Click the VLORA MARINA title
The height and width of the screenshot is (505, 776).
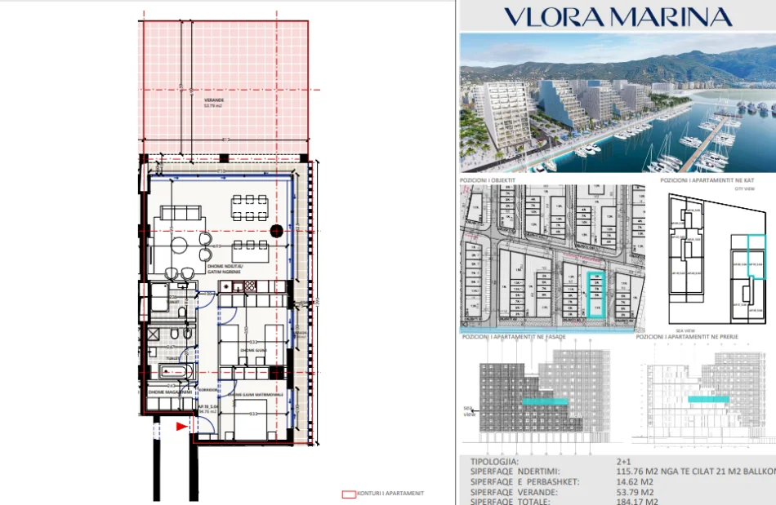click(x=617, y=16)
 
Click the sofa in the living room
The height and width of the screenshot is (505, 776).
click(x=181, y=214)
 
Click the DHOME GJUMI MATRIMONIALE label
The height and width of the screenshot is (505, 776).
click(x=256, y=395)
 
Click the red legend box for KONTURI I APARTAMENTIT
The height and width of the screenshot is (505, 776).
click(x=349, y=494)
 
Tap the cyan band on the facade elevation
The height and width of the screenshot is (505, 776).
click(x=546, y=401)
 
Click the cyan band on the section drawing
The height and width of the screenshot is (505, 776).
click(x=708, y=400)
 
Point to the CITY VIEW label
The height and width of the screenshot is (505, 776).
click(x=745, y=188)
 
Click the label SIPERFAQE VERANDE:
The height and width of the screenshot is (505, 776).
click(x=515, y=493)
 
